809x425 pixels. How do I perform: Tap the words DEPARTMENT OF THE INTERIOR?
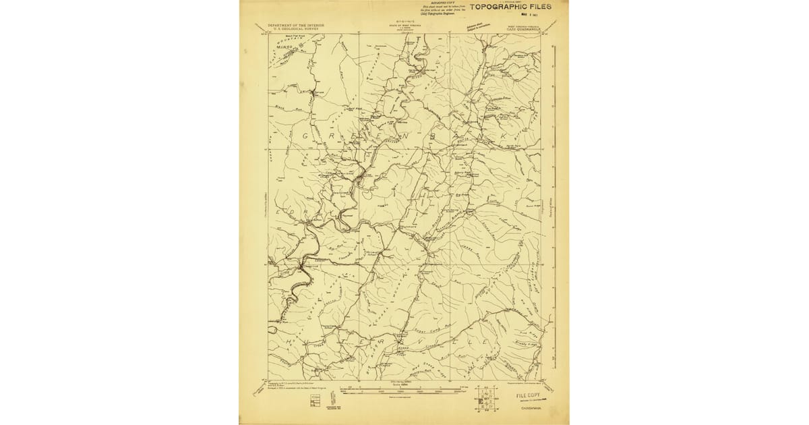point(296,25)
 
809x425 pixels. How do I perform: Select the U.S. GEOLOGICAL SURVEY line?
point(296,29)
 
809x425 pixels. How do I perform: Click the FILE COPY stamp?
point(529,395)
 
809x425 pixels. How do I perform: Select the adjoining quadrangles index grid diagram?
point(485,399)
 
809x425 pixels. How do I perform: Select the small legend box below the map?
point(315,401)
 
